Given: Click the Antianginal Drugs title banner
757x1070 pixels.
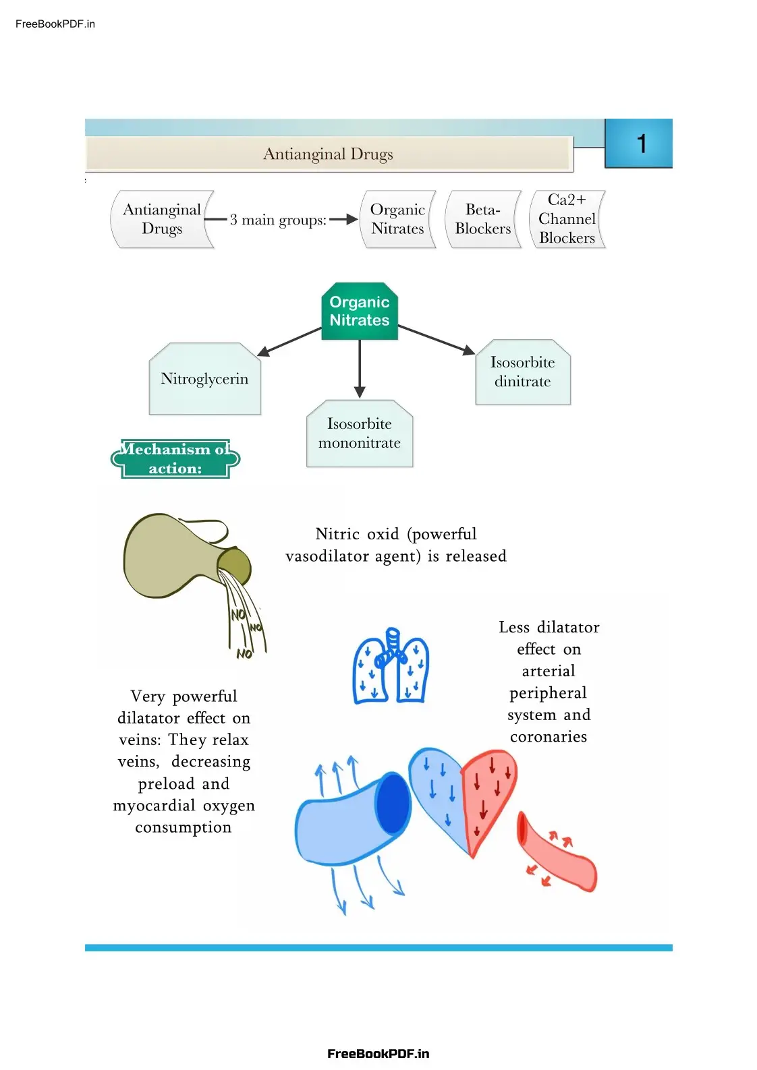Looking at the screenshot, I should [329, 154].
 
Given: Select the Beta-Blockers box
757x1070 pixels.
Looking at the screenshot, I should [483, 219].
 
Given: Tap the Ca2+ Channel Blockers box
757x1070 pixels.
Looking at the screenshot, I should [567, 219].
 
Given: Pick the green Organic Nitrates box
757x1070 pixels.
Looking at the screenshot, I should [360, 311].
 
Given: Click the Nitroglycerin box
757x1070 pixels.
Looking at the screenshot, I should [204, 380].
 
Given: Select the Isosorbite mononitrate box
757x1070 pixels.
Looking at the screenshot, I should [360, 434].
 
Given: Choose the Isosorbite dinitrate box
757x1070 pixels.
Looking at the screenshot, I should [523, 372].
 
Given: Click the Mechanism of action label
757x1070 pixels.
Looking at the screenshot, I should [175, 459].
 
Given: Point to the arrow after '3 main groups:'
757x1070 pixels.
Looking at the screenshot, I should [343, 219].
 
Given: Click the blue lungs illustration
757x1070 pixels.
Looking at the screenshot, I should [391, 667].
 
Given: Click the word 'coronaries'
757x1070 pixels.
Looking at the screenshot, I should [549, 737].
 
